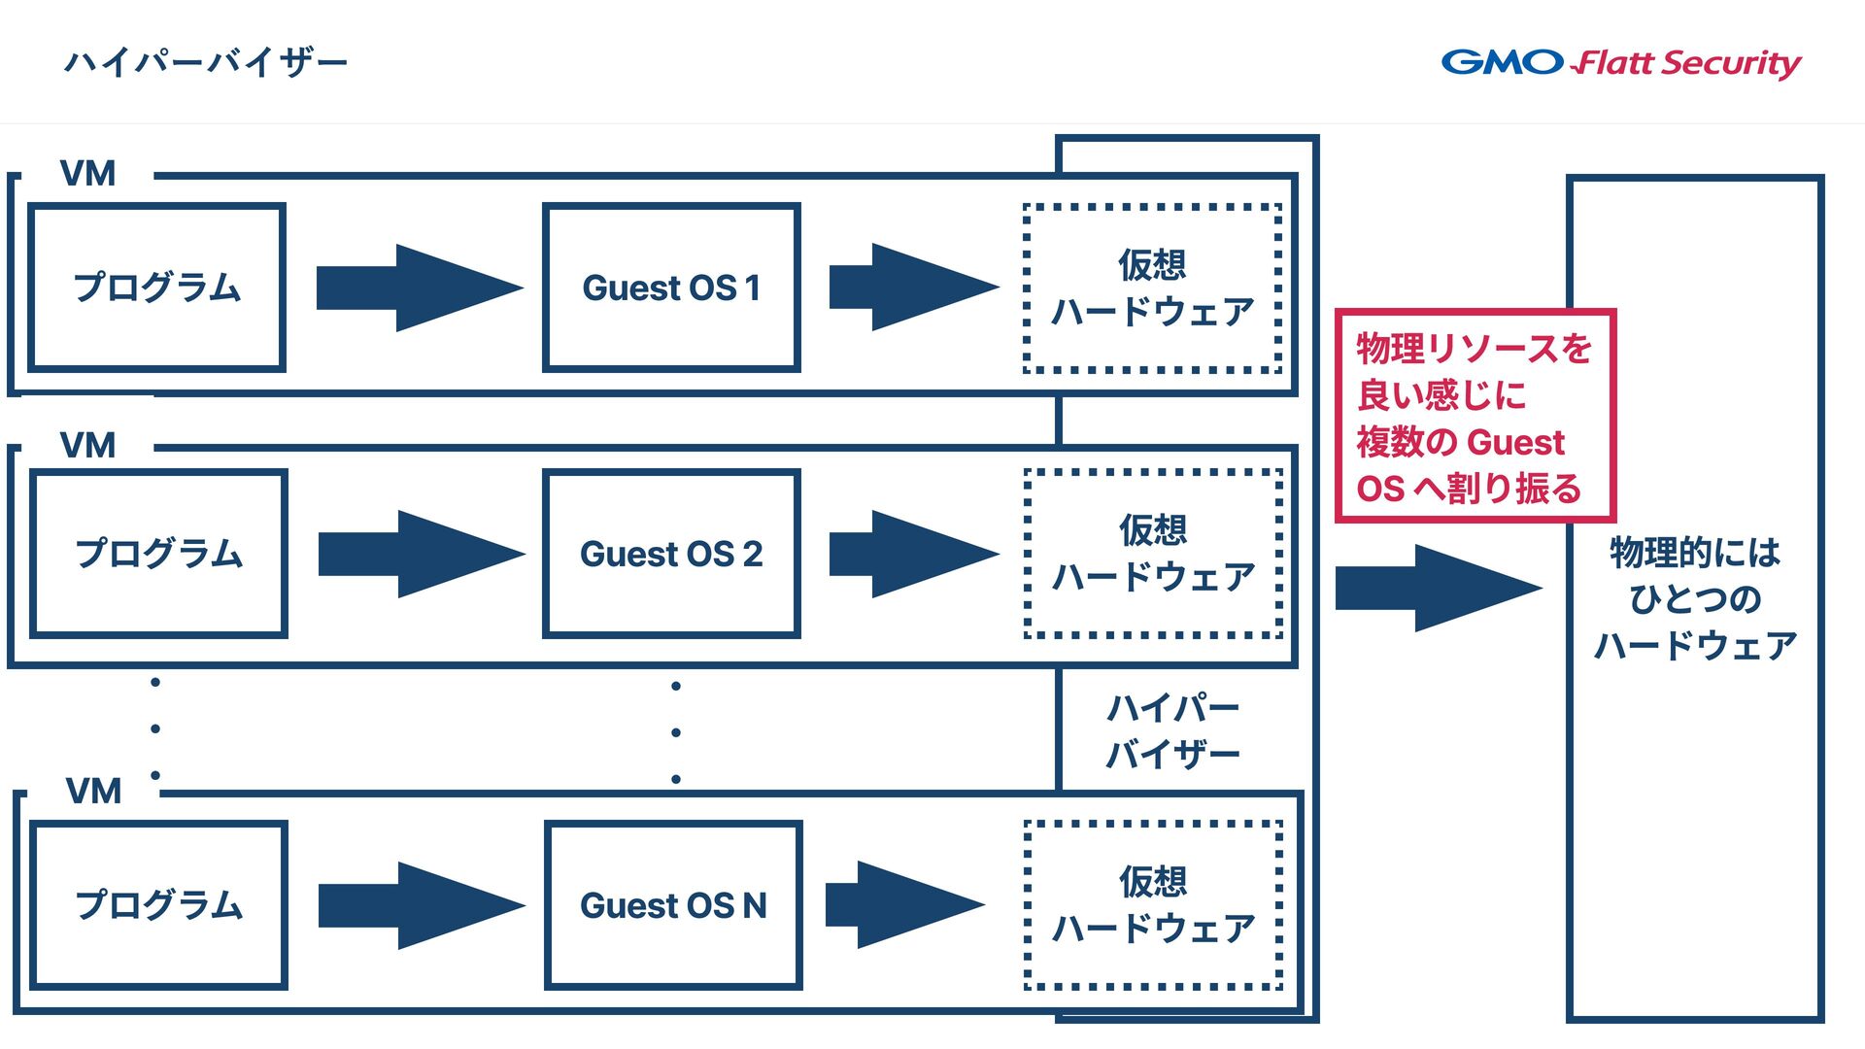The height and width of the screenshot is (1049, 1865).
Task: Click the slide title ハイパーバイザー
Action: tap(206, 63)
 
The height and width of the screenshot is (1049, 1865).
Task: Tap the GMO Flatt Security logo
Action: tap(1621, 63)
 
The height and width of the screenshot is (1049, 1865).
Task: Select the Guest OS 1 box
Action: tap(671, 288)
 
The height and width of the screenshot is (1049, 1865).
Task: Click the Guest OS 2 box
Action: tap(671, 554)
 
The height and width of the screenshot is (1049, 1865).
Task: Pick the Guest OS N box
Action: tap(673, 905)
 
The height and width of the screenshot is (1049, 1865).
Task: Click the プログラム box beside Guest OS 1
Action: tap(156, 288)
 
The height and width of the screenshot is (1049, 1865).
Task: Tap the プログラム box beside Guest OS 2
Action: tap(158, 554)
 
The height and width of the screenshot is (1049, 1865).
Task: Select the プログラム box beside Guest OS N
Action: tap(158, 905)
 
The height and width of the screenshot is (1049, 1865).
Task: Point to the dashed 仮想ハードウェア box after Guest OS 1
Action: tap(1153, 288)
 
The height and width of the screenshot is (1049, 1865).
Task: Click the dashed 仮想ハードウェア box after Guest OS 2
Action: tap(1153, 554)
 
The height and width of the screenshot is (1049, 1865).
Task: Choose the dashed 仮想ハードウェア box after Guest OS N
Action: tap(1153, 905)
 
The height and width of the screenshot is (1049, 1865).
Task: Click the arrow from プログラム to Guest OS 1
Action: tap(420, 288)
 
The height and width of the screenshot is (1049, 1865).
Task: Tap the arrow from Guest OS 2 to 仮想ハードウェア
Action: tap(914, 554)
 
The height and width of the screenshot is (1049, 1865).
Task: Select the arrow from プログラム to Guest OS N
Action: tap(422, 905)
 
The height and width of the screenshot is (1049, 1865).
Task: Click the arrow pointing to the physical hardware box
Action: tap(1439, 588)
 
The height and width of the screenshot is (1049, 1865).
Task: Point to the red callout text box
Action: tap(1475, 417)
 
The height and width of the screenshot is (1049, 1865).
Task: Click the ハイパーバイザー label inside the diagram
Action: tap(1173, 730)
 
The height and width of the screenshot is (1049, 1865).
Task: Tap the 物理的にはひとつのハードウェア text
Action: tap(1695, 598)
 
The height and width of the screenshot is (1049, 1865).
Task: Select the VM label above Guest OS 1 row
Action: tap(87, 174)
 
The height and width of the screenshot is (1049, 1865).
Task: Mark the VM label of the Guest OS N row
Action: tap(93, 792)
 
